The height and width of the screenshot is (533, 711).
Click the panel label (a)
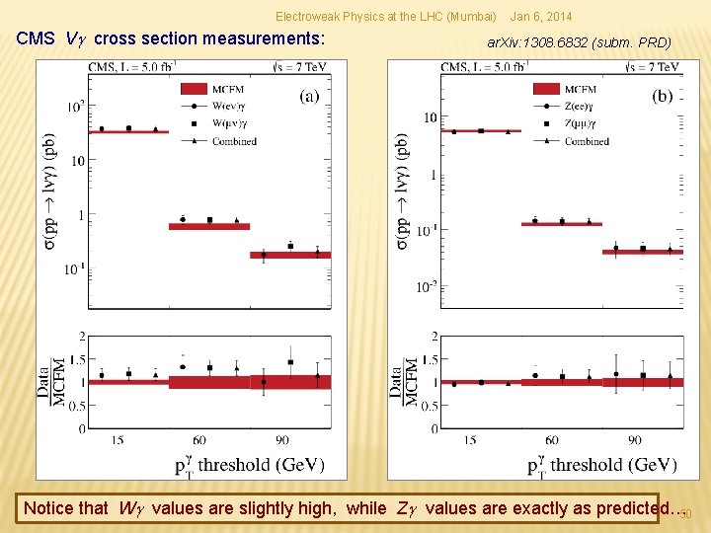pos(309,97)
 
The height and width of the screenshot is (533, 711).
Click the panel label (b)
pos(663,97)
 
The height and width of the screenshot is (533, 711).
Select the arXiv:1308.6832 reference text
pos(580,42)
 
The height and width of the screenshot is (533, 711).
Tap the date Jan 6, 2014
pos(540,17)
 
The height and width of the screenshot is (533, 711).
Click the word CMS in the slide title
pos(37,39)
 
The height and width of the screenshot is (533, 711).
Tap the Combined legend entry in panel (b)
pos(587,141)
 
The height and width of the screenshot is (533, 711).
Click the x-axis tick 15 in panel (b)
pos(469,440)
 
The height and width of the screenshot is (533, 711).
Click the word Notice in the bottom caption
pos(49,508)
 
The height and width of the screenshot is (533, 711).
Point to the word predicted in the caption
pos(617,508)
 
